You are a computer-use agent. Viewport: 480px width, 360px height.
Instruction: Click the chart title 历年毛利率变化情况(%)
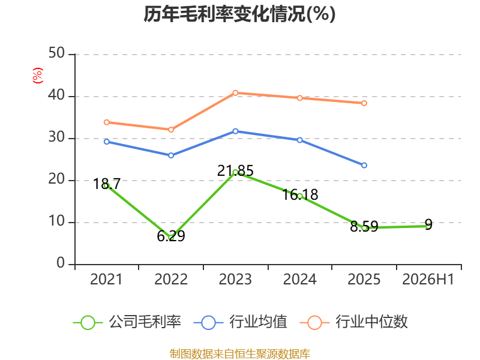[x=239, y=14]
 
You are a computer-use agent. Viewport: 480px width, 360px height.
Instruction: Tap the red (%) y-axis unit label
[x=38, y=76]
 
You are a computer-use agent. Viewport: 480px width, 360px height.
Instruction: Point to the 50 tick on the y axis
[x=56, y=53]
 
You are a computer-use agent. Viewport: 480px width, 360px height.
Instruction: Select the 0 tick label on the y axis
[x=61, y=263]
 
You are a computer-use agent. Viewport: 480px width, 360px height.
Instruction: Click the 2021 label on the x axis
[x=106, y=279]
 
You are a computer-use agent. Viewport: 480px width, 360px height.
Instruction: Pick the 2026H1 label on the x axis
[x=428, y=279]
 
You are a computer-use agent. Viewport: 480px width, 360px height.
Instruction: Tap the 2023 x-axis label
[x=235, y=279]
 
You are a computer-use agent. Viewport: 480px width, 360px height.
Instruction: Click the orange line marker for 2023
[x=235, y=93]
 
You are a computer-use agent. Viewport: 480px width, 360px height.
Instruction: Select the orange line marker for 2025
[x=364, y=103]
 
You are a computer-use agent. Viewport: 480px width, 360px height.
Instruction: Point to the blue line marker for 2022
[x=171, y=155]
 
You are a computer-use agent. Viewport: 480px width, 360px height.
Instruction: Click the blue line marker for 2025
[x=364, y=166]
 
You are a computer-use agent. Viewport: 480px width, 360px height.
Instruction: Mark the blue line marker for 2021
[x=107, y=142]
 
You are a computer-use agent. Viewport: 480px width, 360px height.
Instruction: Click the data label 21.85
[x=235, y=170]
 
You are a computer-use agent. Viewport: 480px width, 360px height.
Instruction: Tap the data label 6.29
[x=171, y=236]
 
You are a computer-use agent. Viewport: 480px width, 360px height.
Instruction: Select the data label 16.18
[x=300, y=194]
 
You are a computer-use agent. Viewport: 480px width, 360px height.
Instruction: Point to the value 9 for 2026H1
[x=428, y=224]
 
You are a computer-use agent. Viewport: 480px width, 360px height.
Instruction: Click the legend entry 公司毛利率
[x=127, y=322]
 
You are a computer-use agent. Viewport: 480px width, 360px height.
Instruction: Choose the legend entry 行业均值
[x=241, y=322]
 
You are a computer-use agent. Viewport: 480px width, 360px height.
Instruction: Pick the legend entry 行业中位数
[x=353, y=322]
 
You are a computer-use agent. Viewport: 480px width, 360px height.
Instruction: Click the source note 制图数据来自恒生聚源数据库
[x=240, y=354]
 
